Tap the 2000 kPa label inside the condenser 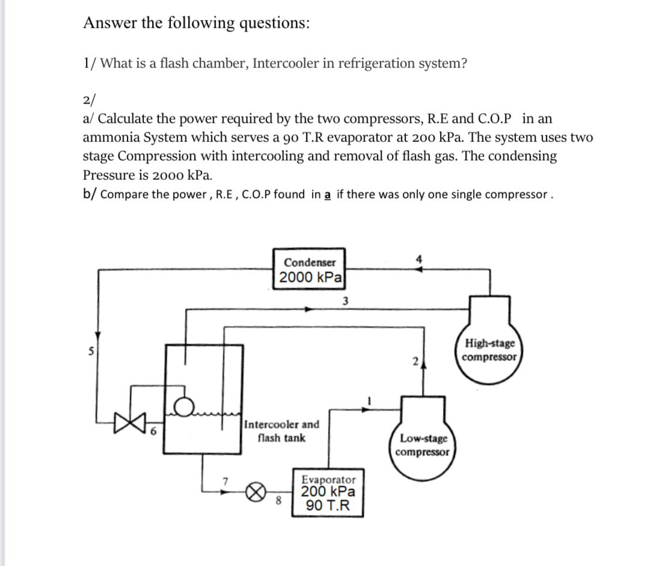point(310,278)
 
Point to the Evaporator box point(328,493)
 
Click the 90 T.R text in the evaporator point(328,505)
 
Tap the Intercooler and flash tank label point(281,431)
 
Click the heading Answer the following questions point(197,23)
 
